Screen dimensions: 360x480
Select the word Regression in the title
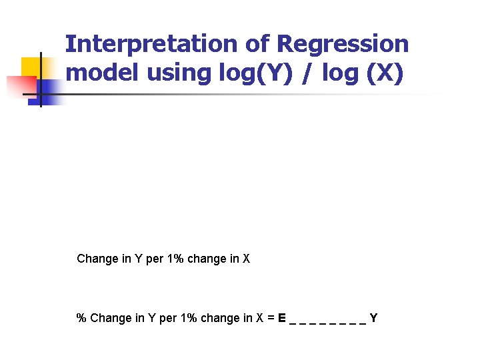(x=343, y=44)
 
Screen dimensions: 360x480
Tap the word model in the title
(x=99, y=73)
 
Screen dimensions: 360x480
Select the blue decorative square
(x=50, y=90)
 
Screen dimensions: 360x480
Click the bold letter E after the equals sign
(x=283, y=318)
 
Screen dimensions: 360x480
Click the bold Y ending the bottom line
(x=373, y=318)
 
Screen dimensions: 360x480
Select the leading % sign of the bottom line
(x=81, y=318)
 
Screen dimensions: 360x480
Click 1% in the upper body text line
(x=175, y=259)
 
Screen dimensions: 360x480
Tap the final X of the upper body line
(x=246, y=259)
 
